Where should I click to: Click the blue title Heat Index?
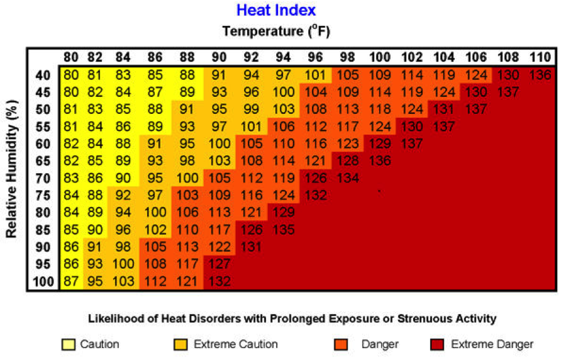point(276,10)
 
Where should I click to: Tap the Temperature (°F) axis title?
point(276,30)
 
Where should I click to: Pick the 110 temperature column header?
point(540,57)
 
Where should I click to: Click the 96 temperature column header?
point(316,57)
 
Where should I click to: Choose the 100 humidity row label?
point(43,281)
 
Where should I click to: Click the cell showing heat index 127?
point(219,264)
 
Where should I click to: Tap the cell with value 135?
point(284,230)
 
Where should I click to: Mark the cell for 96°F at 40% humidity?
point(316,75)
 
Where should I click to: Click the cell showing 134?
point(348,178)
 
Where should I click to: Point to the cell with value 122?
point(219,247)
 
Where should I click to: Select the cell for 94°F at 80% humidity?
point(284,213)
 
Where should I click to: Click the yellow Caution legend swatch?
point(68,344)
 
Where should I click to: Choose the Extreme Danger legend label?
point(492,344)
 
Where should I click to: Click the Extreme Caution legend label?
point(235,344)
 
